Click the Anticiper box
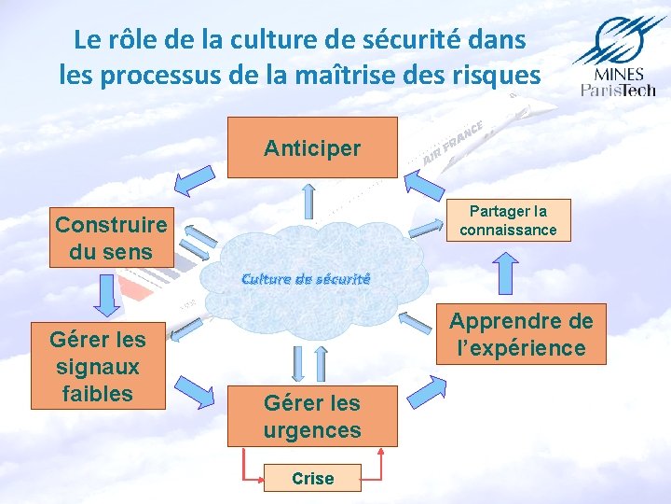[x=312, y=147]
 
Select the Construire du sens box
[x=112, y=237]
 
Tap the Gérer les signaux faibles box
[x=98, y=366]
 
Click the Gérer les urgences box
[x=312, y=415]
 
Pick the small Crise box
[x=312, y=478]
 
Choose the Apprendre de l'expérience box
[x=521, y=334]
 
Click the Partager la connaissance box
[x=508, y=222]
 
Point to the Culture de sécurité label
[x=306, y=278]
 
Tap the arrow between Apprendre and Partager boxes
[x=504, y=273]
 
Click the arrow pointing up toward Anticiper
[x=309, y=201]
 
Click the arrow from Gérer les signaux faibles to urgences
[x=196, y=389]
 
